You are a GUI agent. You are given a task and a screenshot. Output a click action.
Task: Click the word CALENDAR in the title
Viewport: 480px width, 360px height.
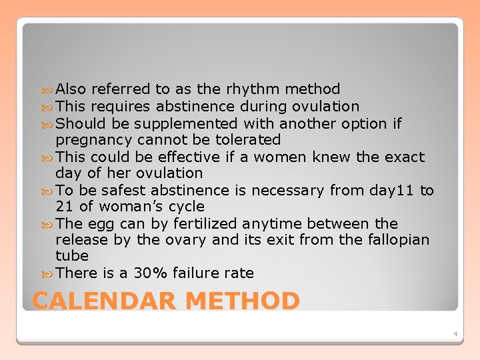pyautogui.click(x=104, y=301)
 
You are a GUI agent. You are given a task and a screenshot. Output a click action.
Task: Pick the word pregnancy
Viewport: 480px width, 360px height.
pyautogui.click(x=94, y=140)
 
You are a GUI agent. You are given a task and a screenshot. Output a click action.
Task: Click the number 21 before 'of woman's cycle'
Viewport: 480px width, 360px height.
pyautogui.click(x=64, y=207)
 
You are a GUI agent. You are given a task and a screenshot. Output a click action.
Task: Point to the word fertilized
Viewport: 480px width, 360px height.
pyautogui.click(x=205, y=223)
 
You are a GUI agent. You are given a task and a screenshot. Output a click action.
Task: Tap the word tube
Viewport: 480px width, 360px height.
pyautogui.click(x=71, y=256)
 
